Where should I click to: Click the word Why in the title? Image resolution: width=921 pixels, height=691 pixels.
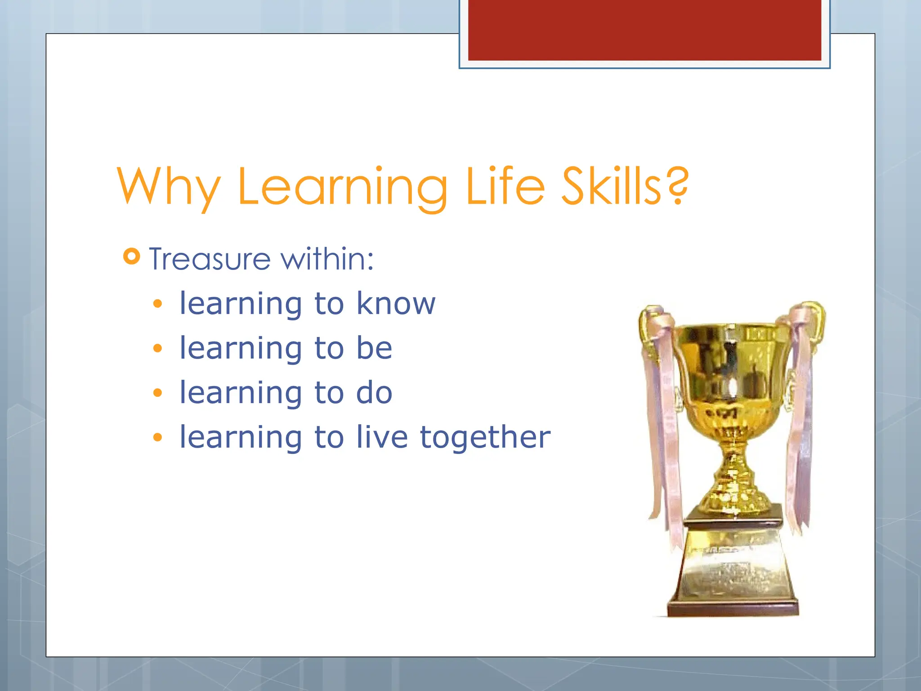coord(169,187)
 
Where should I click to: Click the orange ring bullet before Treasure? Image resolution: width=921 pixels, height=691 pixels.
coord(131,256)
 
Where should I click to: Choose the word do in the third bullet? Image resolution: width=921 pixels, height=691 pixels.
coord(374,392)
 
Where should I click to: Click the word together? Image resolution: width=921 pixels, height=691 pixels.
coord(485,437)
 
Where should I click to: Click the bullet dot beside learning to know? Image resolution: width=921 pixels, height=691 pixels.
coord(157,304)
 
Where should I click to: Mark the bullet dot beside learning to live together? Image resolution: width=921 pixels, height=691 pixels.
coord(157,437)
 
